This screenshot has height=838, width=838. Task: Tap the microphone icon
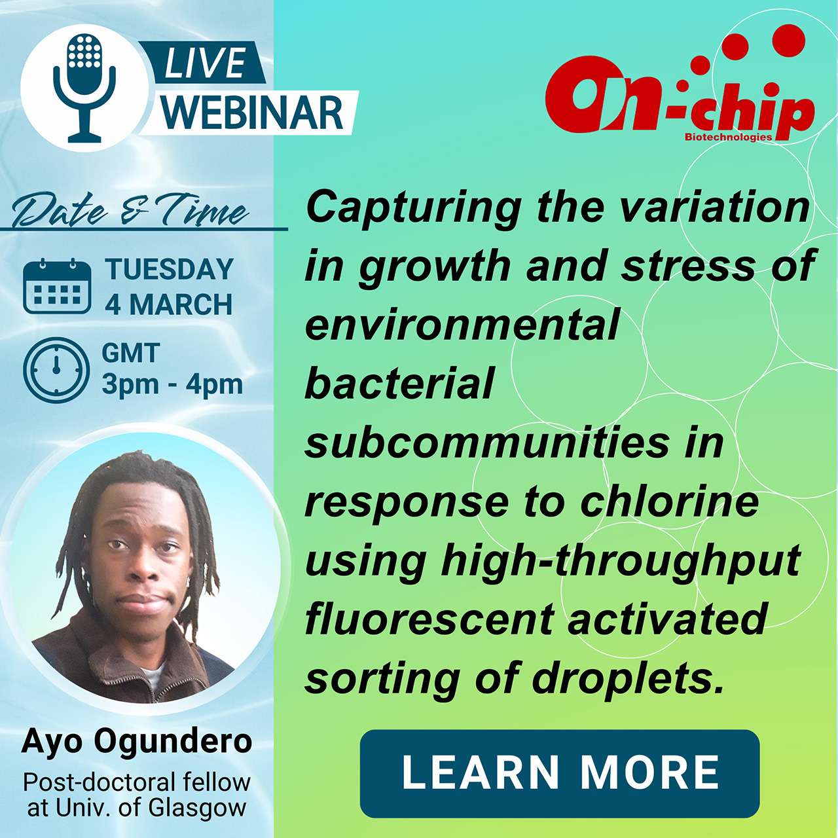(x=85, y=88)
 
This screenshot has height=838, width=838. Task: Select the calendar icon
(x=57, y=286)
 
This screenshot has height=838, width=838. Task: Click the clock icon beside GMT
(x=56, y=370)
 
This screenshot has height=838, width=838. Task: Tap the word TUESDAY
(x=169, y=269)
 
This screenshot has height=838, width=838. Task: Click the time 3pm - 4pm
(x=172, y=385)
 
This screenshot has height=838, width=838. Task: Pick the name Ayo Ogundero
(x=137, y=740)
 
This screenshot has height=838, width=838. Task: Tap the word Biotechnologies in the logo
(x=729, y=137)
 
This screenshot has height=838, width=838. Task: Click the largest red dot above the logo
(x=788, y=41)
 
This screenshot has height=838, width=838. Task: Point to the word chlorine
(x=670, y=503)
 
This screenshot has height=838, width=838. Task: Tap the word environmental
(x=462, y=326)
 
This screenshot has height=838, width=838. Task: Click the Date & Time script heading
(x=130, y=209)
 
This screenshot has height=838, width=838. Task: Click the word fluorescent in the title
(x=429, y=620)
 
